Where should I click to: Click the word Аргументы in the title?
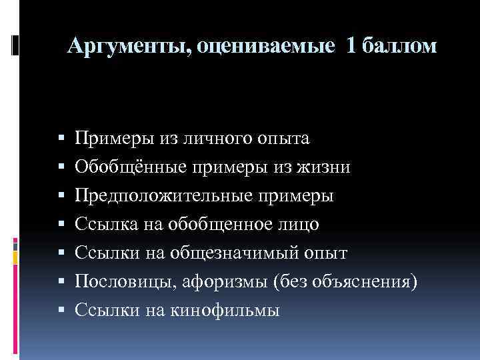coord(127,46)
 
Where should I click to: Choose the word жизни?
coord(327,167)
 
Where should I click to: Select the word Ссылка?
coord(105,225)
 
